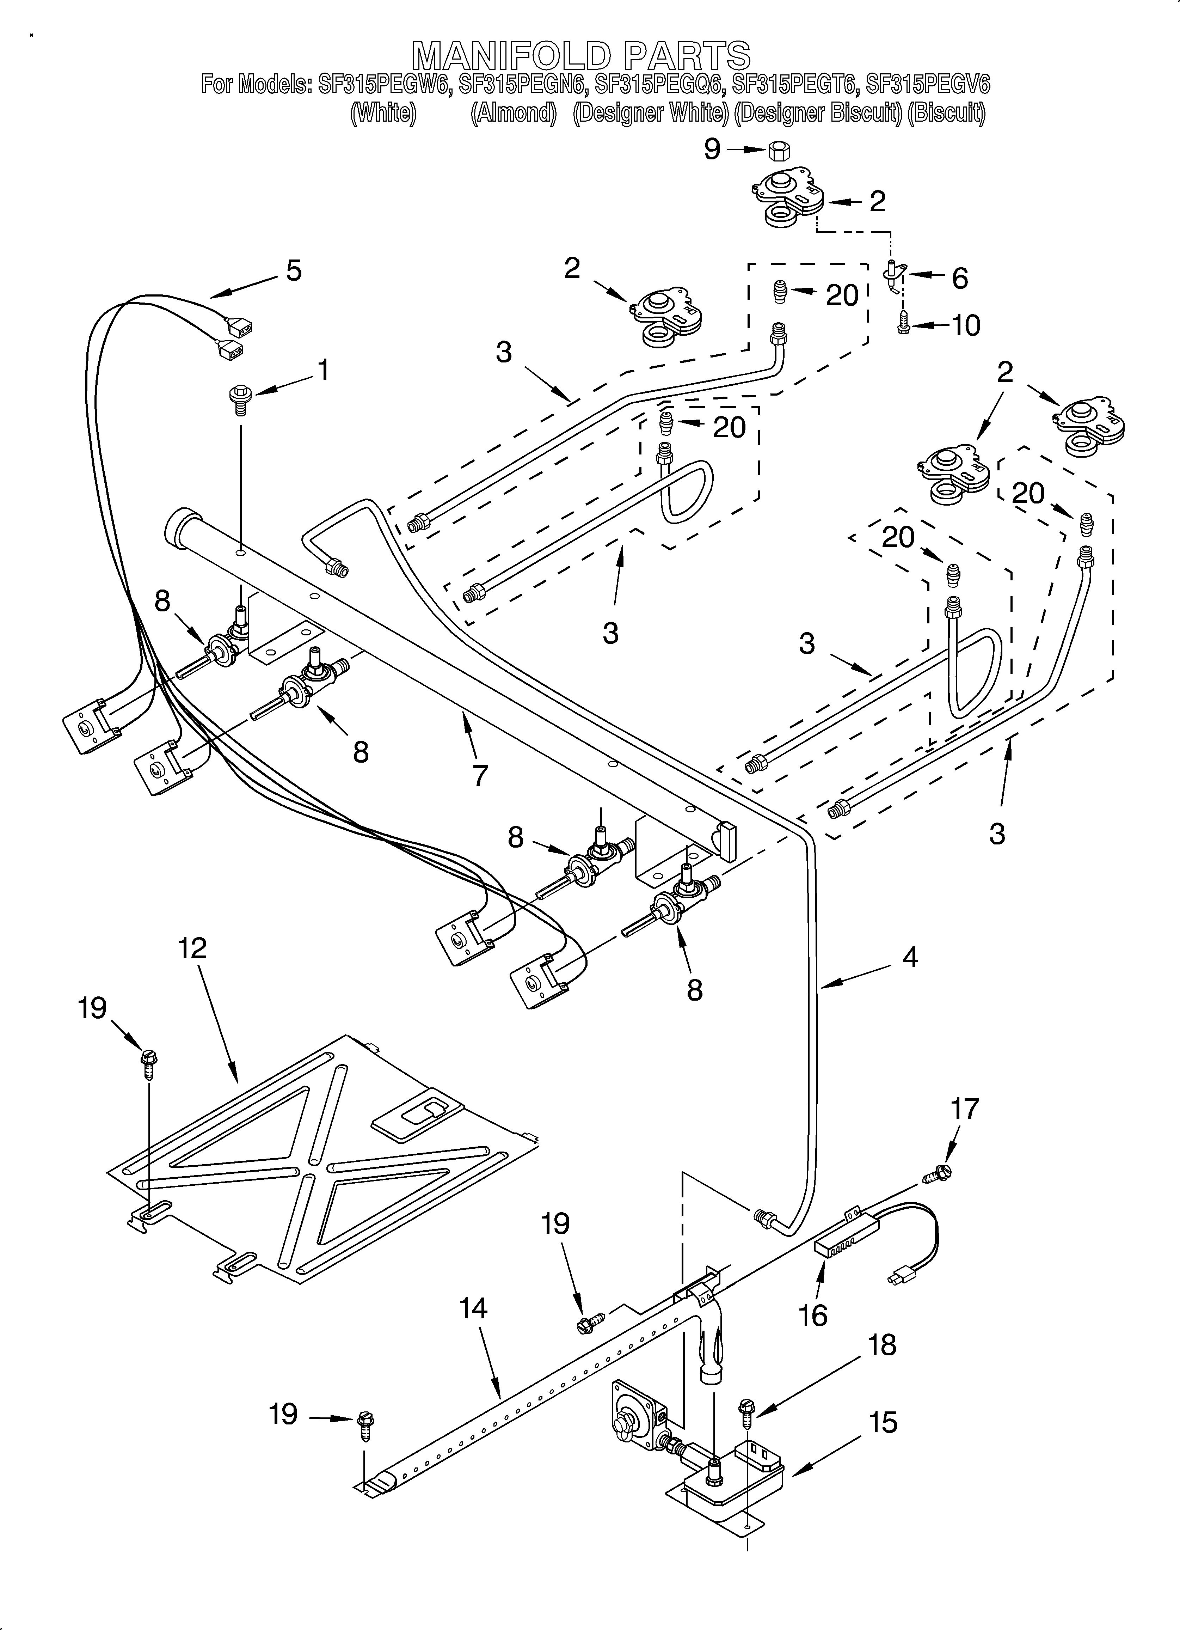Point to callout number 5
pos(293,271)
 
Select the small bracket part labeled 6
pos(893,277)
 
